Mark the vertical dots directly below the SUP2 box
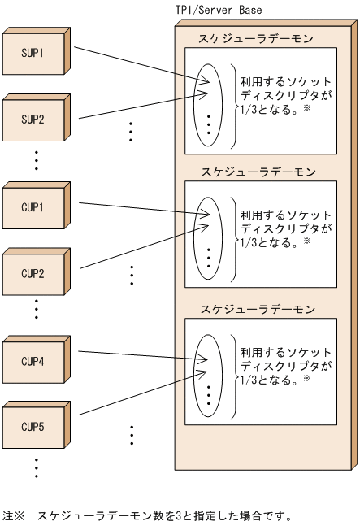(x=36, y=161)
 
